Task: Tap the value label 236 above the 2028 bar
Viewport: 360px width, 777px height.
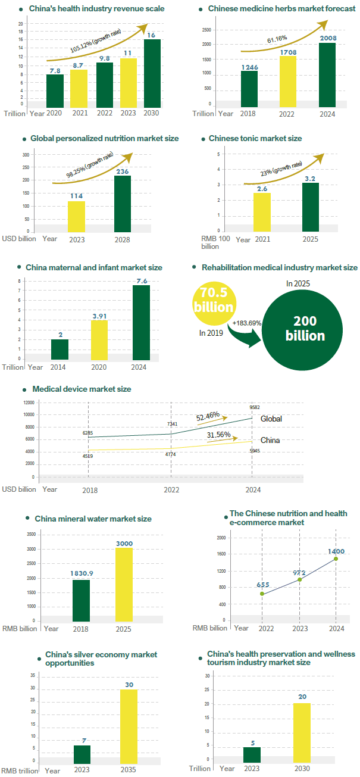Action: pos(123,171)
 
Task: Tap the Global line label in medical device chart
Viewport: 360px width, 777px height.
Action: pos(271,419)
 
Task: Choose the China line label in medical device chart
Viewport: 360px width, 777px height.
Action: pos(270,441)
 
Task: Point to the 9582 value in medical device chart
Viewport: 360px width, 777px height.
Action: pos(255,408)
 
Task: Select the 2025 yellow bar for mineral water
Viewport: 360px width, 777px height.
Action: pos(124,583)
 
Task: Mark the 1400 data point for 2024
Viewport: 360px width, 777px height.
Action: pos(336,558)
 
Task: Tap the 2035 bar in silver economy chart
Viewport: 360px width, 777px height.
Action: pos(129,726)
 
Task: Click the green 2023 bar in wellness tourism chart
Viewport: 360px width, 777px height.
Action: pos(252,754)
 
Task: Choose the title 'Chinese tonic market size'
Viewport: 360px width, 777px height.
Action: pos(255,138)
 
